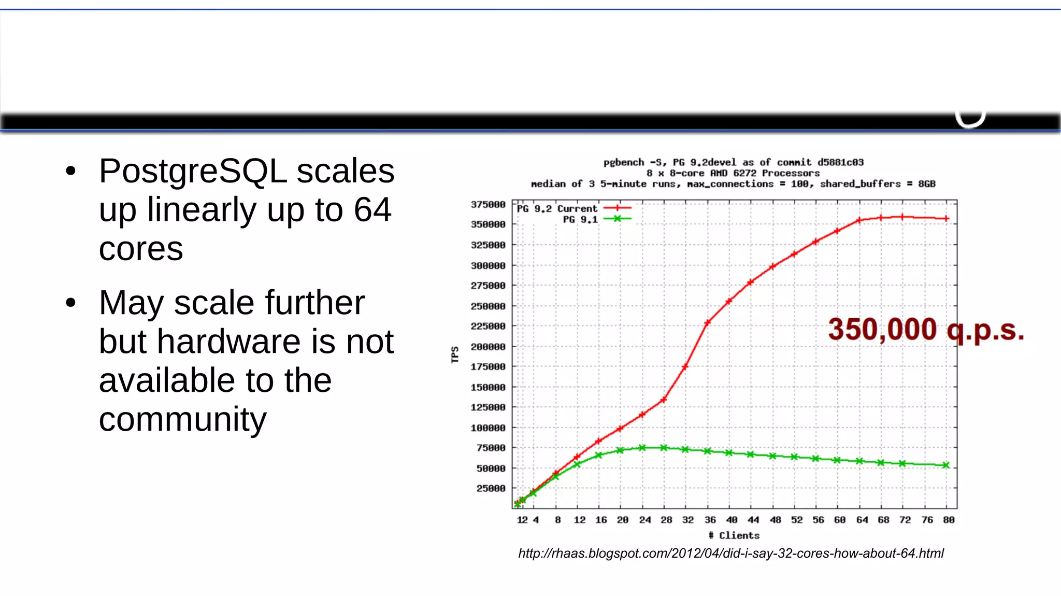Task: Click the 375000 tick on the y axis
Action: (488, 205)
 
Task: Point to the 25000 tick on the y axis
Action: (490, 488)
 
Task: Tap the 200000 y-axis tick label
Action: (488, 347)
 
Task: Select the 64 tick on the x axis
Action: (862, 520)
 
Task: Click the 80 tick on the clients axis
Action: (949, 520)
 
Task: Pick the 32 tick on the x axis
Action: (687, 520)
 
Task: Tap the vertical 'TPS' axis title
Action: (455, 355)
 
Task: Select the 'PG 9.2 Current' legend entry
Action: (557, 208)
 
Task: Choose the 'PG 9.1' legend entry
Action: (580, 219)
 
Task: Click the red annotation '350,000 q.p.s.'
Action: (926, 330)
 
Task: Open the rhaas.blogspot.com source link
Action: (730, 554)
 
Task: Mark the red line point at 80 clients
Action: (946, 219)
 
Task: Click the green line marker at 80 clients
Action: (946, 465)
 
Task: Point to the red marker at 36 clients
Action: (708, 323)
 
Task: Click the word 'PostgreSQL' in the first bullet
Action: (193, 171)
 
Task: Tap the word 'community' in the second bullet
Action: (182, 419)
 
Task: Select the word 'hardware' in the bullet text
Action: (227, 342)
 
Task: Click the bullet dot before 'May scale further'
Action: (71, 303)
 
